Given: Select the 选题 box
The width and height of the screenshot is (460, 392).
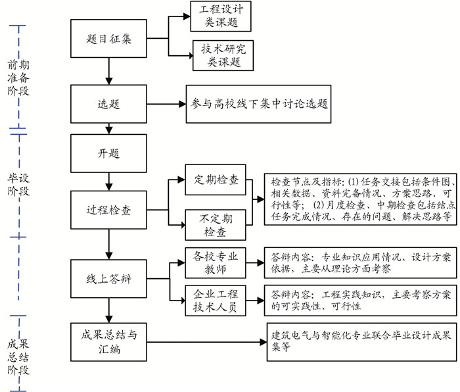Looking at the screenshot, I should (x=108, y=105).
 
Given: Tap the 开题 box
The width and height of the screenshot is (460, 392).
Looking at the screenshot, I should (x=108, y=153).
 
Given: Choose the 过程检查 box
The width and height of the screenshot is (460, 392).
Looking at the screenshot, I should (x=108, y=210).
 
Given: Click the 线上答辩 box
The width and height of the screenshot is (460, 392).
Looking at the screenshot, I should (x=108, y=260).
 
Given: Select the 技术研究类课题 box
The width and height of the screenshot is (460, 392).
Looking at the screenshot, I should (x=217, y=56).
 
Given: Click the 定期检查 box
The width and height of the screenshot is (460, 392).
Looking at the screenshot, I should (x=216, y=180).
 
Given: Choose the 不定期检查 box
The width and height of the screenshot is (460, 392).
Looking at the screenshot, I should (x=216, y=224).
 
